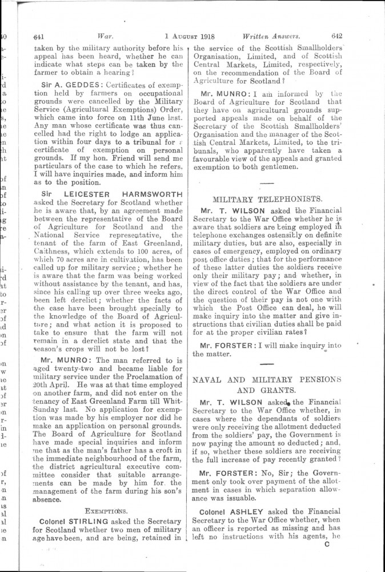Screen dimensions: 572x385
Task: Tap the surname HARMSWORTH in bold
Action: tap(151, 194)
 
